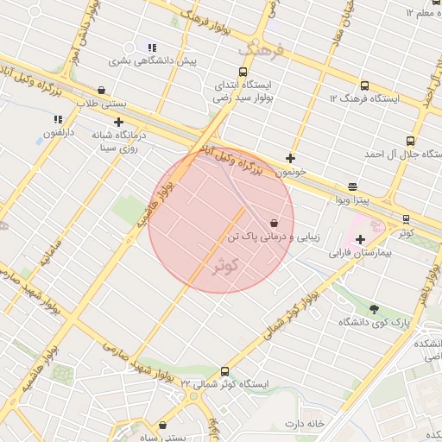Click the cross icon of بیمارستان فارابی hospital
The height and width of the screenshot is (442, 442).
[x=360, y=238]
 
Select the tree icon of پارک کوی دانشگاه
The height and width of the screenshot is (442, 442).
[x=374, y=309]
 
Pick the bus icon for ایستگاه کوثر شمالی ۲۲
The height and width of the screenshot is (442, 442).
[x=225, y=371]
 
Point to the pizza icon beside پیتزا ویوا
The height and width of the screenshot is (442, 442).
[x=352, y=186]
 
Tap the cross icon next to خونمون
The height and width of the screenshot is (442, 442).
[x=291, y=158]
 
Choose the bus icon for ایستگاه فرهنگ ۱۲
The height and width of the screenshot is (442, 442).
[x=364, y=86]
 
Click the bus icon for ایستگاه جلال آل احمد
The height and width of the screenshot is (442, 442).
[x=409, y=141]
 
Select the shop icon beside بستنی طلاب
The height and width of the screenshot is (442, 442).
[x=102, y=90]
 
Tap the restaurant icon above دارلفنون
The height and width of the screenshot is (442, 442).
[x=58, y=120]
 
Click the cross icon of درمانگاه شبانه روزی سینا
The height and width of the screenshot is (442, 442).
[x=118, y=122]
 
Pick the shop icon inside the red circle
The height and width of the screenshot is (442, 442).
[x=274, y=223]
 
